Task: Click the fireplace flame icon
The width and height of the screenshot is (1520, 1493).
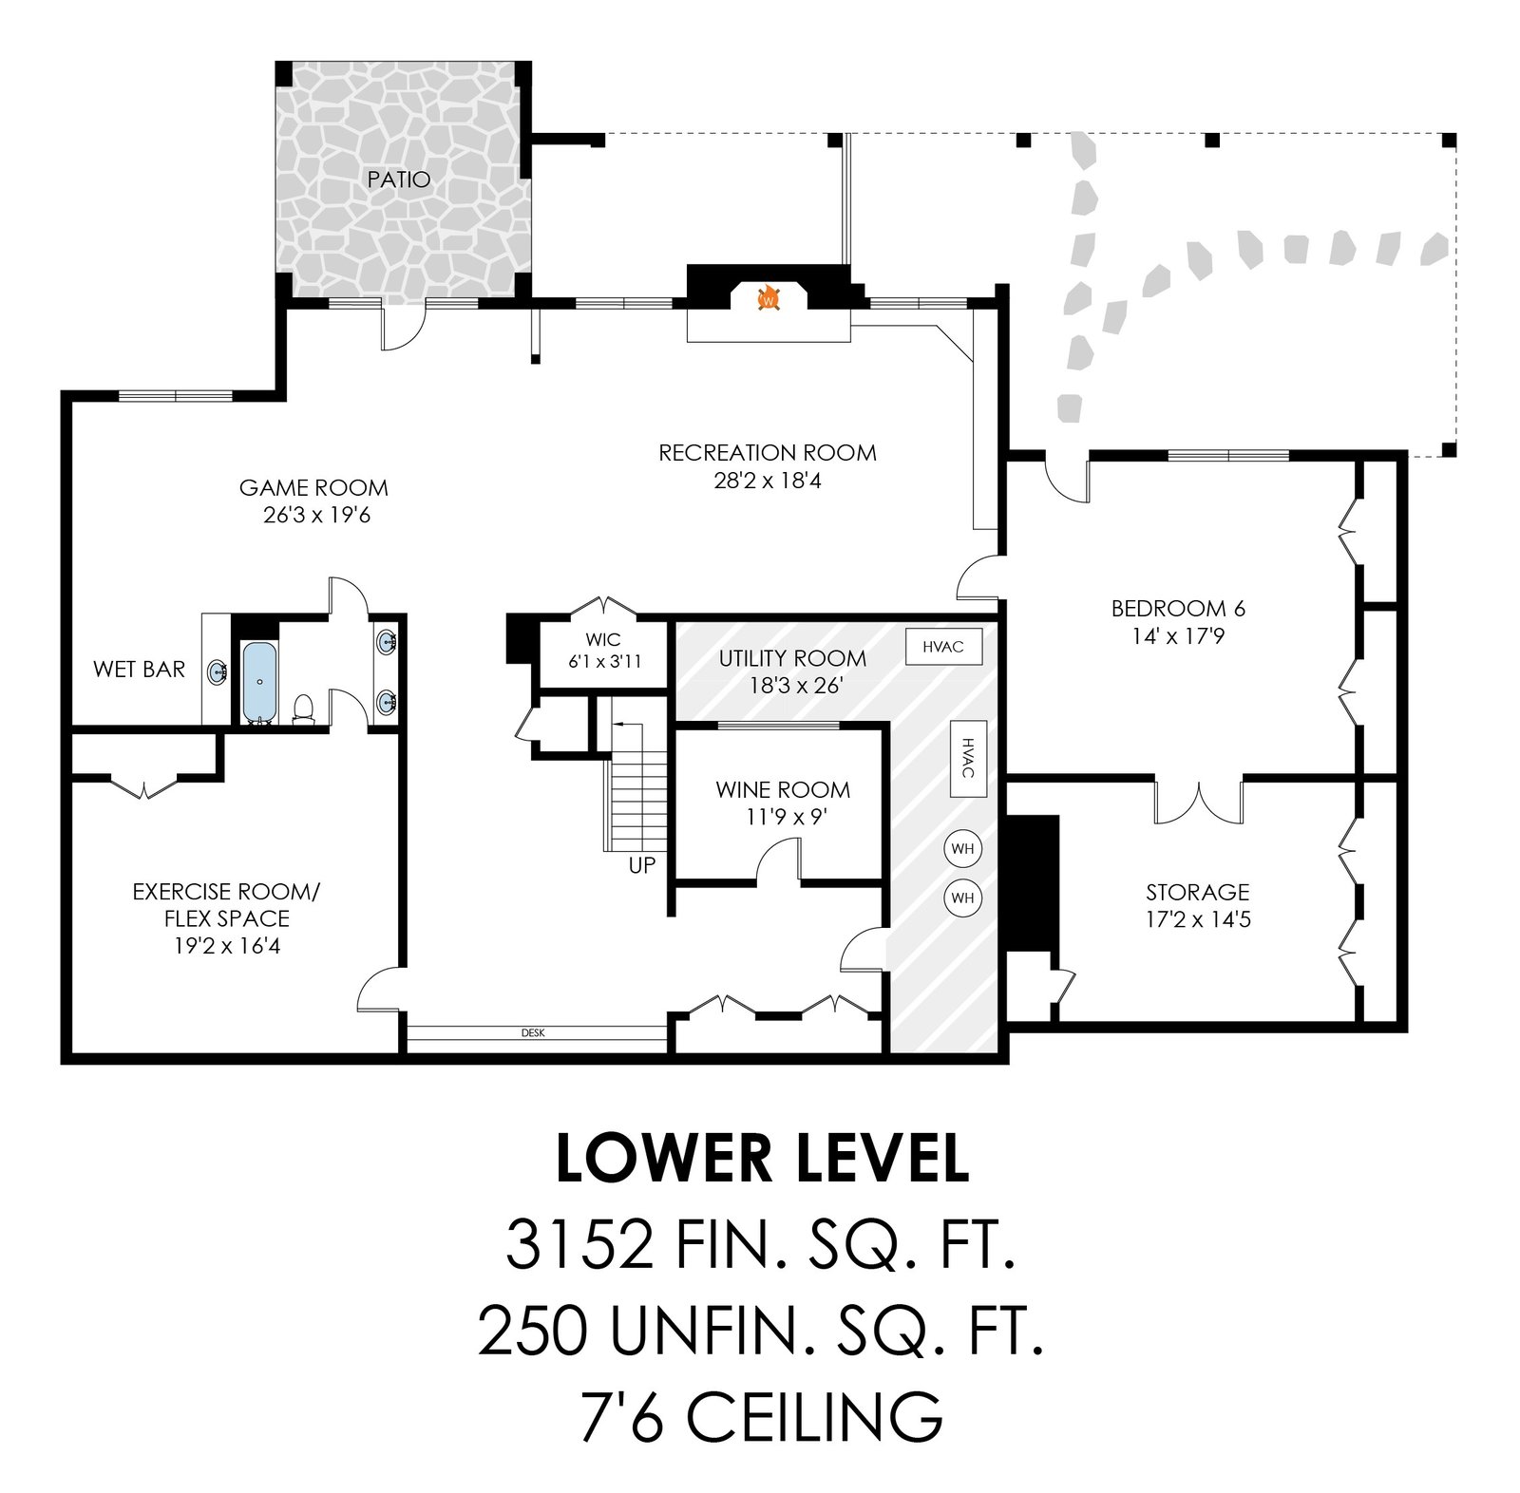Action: pyautogui.click(x=769, y=298)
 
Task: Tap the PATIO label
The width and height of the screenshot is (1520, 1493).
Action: pyautogui.click(x=399, y=180)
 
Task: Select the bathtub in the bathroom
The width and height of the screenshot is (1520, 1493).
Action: pyautogui.click(x=257, y=682)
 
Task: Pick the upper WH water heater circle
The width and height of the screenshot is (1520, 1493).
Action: pyautogui.click(x=962, y=849)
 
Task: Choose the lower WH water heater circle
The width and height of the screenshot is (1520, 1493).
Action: pyautogui.click(x=962, y=898)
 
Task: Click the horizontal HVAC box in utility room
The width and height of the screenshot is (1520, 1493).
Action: pyautogui.click(x=943, y=647)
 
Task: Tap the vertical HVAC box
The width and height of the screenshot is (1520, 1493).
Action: pyautogui.click(x=968, y=758)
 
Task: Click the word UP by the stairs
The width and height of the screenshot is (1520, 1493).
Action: pyautogui.click(x=642, y=866)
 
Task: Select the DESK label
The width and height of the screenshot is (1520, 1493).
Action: pyautogui.click(x=533, y=1033)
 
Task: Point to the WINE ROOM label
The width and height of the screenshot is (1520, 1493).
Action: pyautogui.click(x=783, y=789)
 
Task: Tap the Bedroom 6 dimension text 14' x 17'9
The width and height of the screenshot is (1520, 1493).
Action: pyautogui.click(x=1178, y=635)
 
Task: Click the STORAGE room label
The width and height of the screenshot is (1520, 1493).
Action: pyautogui.click(x=1197, y=892)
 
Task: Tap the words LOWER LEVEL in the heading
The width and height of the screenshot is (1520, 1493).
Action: pyautogui.click(x=762, y=1158)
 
